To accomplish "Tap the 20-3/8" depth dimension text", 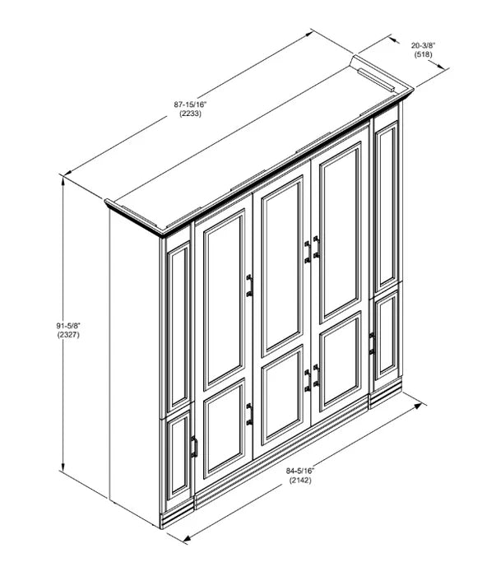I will point(424,46).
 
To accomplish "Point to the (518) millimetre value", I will point(424,57).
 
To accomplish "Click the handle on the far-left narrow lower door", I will point(194,448).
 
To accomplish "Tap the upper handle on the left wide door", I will point(248,284).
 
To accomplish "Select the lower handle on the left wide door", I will point(248,414).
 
